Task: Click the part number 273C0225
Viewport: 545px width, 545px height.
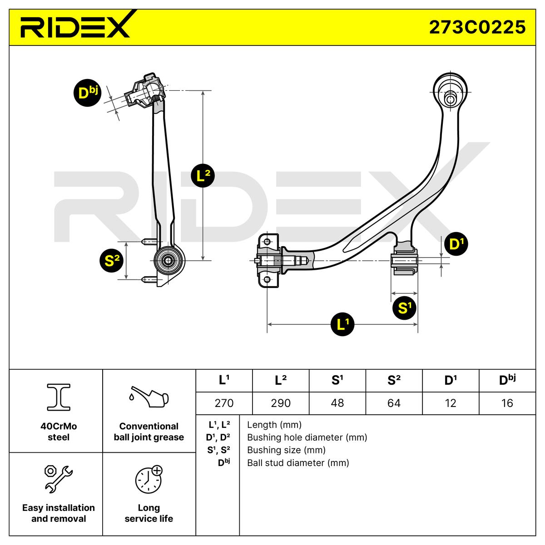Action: click(477, 27)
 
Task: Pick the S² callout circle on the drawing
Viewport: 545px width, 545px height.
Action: click(112, 260)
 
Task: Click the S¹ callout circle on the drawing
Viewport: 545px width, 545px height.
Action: click(404, 308)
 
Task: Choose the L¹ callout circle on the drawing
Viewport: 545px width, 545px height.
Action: click(342, 324)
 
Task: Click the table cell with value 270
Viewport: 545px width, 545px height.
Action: click(223, 403)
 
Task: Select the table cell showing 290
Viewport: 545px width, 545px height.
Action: click(280, 403)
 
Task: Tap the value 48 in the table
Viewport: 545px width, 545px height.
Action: click(337, 403)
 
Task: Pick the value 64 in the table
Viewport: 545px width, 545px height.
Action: click(394, 403)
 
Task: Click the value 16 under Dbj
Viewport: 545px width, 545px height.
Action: click(507, 403)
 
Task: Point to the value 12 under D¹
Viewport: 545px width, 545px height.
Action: click(450, 403)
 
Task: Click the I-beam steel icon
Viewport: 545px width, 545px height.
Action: click(59, 396)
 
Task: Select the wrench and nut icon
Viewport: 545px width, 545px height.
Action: click(58, 479)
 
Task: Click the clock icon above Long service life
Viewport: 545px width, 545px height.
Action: click(149, 480)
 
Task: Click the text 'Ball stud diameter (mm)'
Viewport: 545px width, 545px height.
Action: click(298, 463)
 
